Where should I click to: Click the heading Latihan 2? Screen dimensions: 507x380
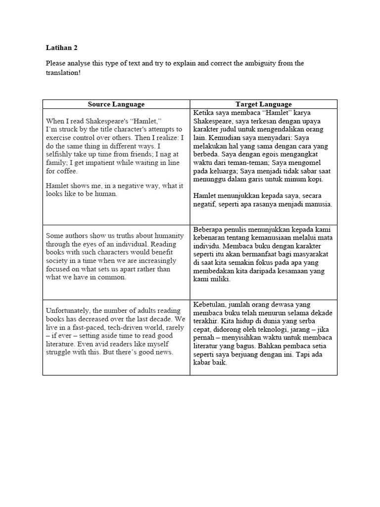(62, 48)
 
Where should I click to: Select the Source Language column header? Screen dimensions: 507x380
(116, 104)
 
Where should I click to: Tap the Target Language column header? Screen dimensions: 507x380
(263, 104)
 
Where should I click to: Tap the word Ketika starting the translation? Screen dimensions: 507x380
(205, 112)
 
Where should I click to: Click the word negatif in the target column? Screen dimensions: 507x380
(208, 204)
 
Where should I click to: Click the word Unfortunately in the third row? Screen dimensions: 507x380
(67, 310)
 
